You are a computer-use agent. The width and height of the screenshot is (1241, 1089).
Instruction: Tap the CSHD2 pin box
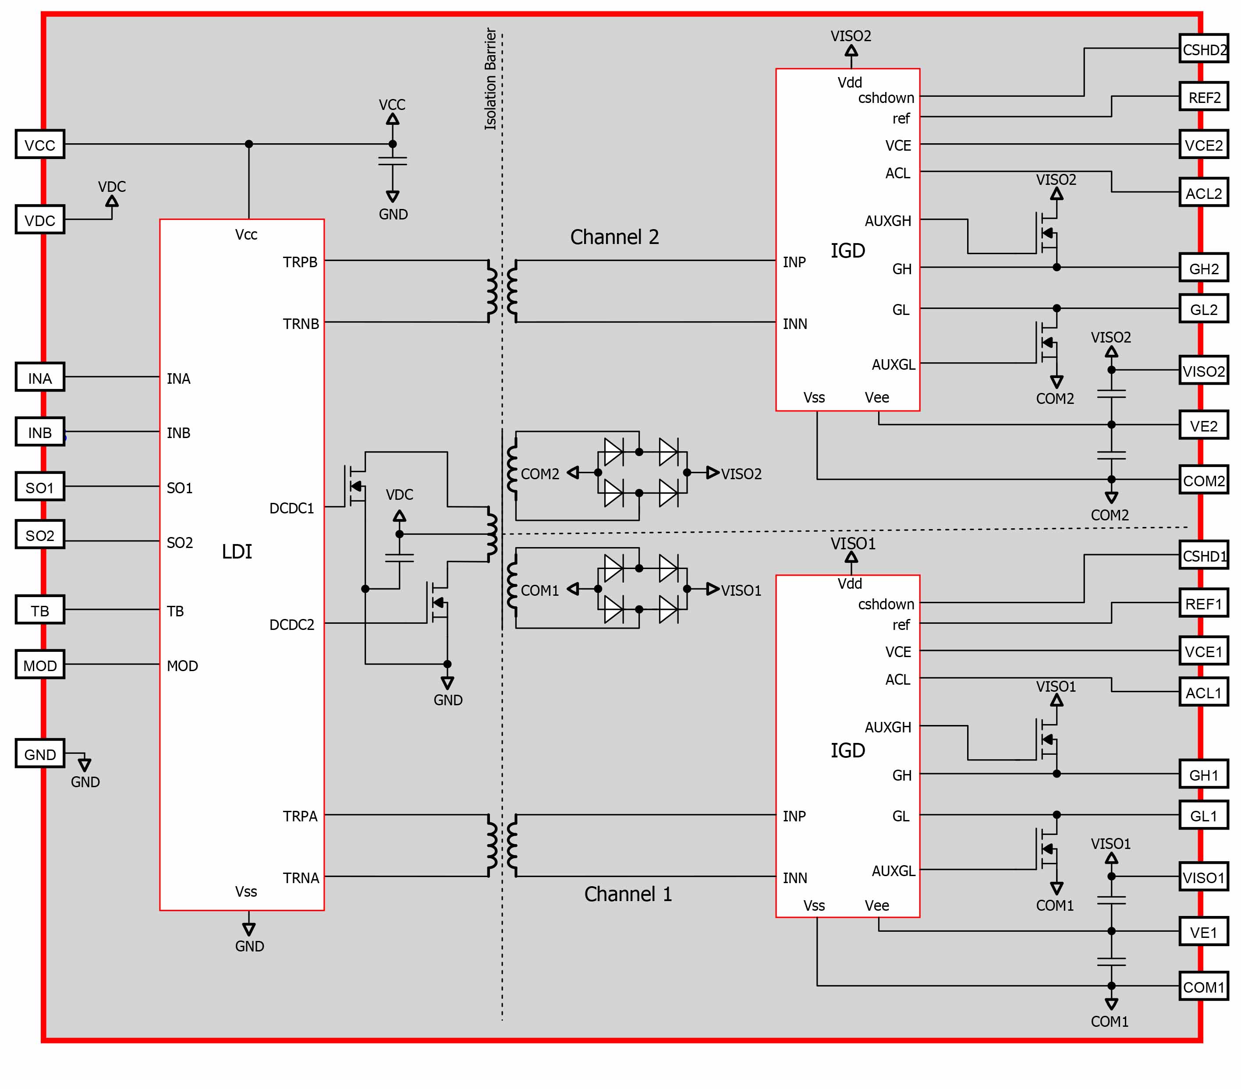click(x=1204, y=49)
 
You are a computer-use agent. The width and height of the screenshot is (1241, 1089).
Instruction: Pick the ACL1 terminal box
click(x=1204, y=692)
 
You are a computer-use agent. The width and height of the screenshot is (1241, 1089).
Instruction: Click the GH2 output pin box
click(x=1204, y=268)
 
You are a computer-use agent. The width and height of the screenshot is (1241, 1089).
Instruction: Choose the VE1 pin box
click(x=1204, y=932)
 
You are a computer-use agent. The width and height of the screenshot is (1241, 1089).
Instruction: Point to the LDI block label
click(x=237, y=551)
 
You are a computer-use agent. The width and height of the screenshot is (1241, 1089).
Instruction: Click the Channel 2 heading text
click(x=614, y=237)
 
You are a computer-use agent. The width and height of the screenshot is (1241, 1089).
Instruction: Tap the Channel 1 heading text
click(x=628, y=894)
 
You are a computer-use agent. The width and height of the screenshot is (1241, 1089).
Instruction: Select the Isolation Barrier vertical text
click(x=490, y=79)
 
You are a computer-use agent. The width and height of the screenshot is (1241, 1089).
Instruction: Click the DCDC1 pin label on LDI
click(x=292, y=508)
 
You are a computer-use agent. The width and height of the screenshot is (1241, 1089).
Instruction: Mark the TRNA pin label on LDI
click(x=301, y=878)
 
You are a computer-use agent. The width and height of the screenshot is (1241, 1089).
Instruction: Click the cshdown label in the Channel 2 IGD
click(x=886, y=98)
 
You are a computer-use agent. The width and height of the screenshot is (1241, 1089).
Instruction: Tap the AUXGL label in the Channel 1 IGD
click(x=894, y=871)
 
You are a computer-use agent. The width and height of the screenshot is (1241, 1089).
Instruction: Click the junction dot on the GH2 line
click(x=1057, y=268)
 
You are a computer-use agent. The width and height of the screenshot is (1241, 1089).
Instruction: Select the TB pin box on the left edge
click(x=40, y=610)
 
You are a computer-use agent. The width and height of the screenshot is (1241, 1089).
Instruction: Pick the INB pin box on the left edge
click(x=40, y=431)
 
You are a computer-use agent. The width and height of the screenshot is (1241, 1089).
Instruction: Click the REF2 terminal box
click(x=1204, y=96)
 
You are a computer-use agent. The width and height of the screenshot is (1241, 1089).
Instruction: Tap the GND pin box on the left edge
click(x=40, y=754)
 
